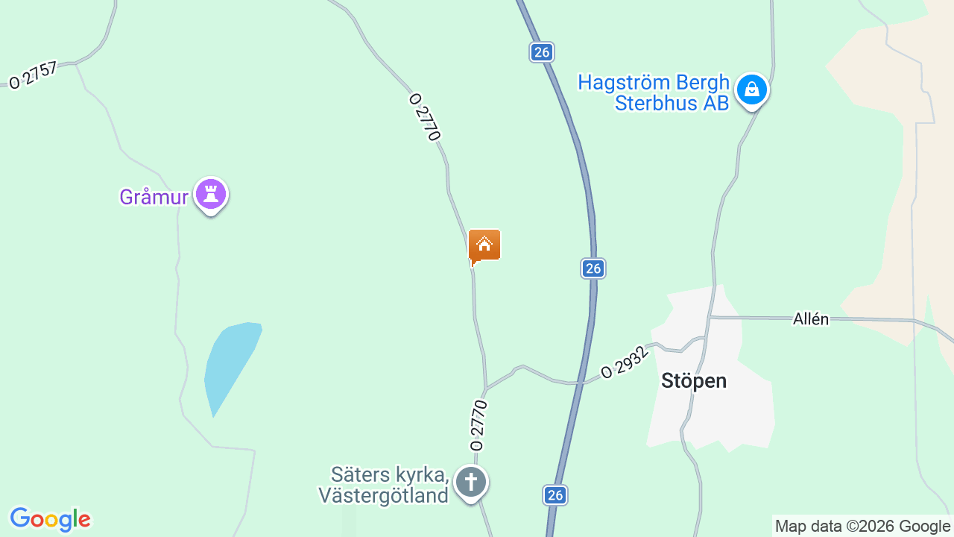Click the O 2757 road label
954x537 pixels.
coord(33,75)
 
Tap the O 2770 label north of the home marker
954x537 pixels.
coord(426,116)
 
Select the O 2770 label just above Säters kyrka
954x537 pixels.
coord(478,425)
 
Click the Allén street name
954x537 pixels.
coord(811,319)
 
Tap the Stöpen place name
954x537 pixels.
coord(693,381)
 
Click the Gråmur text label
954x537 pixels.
coord(154,197)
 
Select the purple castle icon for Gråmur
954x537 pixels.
coord(211,195)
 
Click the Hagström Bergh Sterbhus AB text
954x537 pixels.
coord(654,92)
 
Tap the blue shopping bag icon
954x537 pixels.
coord(752,90)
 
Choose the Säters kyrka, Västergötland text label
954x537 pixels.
coord(384,485)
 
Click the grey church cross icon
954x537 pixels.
coord(471,482)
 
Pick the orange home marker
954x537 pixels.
coord(484,245)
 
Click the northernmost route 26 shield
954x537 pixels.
coord(542,51)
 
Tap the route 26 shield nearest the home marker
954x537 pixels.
coord(593,268)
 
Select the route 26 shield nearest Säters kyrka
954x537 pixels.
coord(555,494)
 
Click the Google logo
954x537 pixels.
coord(50,519)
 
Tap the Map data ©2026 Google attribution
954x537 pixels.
coord(862,526)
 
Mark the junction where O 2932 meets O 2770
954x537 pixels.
coord(486,389)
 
